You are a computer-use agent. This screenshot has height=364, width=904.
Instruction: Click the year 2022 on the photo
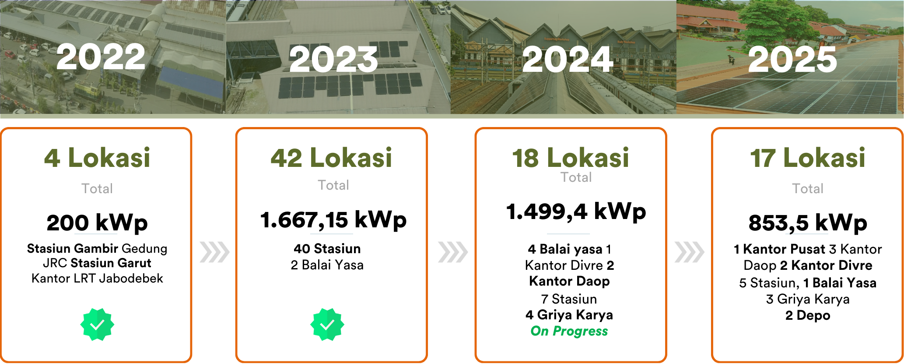click(101, 57)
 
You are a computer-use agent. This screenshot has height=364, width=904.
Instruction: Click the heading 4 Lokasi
click(97, 158)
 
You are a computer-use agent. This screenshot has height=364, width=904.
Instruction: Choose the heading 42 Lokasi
click(331, 158)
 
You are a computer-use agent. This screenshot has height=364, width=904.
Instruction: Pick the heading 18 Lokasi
click(571, 158)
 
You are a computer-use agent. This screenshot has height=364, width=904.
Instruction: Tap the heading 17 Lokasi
click(808, 158)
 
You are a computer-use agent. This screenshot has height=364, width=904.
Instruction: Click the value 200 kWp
click(97, 223)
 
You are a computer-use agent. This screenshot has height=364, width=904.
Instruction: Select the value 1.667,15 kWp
click(333, 220)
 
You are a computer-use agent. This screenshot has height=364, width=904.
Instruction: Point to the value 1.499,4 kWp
click(576, 212)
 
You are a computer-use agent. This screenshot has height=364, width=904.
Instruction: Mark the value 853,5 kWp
click(808, 223)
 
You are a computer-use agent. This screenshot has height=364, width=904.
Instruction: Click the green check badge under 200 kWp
click(97, 324)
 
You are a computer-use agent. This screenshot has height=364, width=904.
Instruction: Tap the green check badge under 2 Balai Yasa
click(327, 324)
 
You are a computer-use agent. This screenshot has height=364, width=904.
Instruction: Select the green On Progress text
click(569, 331)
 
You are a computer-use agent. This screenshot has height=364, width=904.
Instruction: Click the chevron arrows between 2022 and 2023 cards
click(214, 252)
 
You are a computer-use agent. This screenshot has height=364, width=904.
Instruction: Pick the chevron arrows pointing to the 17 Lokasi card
click(689, 252)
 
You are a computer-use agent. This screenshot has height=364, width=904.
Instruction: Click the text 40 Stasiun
click(327, 249)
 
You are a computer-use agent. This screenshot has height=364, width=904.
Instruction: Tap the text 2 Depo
click(808, 315)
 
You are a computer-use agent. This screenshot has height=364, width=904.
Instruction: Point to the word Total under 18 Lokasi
click(576, 177)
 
